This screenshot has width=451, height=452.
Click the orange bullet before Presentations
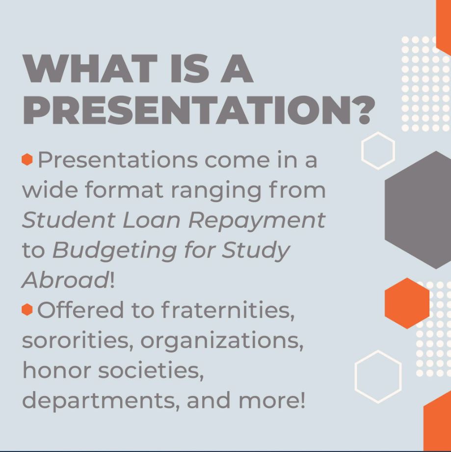point(27,159)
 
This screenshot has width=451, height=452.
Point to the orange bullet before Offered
point(27,309)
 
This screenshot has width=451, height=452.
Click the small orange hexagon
point(407,303)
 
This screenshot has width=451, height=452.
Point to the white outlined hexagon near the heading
point(378,150)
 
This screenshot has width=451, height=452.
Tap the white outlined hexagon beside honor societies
point(377,376)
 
